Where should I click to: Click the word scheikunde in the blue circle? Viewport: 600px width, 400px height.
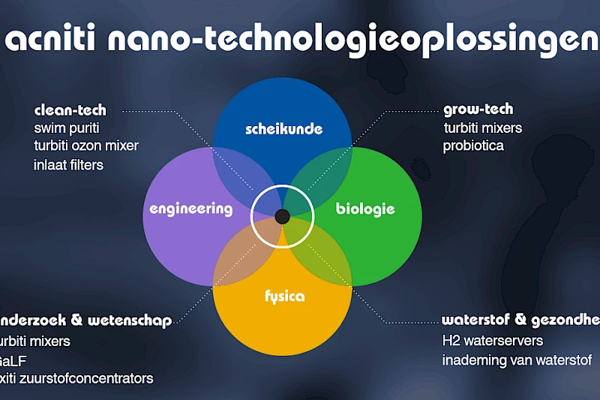pos(283,128)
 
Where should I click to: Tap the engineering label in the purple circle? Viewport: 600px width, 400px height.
pos(190,208)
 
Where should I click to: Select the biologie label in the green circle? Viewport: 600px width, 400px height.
pos(365,209)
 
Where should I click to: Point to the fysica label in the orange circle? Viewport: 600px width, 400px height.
pos(284,296)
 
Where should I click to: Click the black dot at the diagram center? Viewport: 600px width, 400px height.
pos(283,217)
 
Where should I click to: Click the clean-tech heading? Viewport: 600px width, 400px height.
pos(70,110)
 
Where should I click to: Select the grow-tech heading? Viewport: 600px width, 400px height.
pos(478,110)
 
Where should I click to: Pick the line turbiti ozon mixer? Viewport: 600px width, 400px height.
pos(86,145)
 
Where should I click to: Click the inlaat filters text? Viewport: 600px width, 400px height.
pos(69,164)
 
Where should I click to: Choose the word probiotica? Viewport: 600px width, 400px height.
pos(473,146)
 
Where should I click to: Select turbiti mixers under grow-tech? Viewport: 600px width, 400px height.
pos(482,128)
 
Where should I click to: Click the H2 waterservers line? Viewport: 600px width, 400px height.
pos(493,341)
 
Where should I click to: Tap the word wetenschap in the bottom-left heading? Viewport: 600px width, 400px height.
pos(130,320)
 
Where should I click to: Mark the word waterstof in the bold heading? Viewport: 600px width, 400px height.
pos(472,320)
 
